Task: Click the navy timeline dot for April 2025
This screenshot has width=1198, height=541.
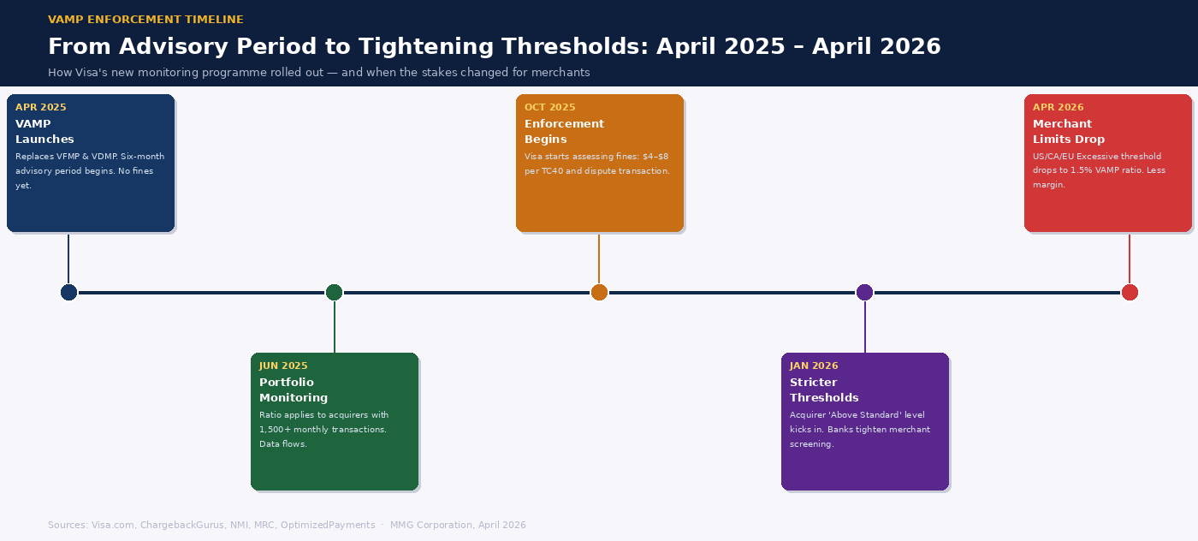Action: pos(68,293)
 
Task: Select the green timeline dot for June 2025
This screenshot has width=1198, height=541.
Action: pos(334,293)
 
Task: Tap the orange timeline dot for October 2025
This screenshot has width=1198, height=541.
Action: pos(599,293)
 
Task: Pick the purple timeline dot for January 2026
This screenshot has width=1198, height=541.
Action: pos(864,293)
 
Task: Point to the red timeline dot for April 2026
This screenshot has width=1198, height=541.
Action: pos(1130,293)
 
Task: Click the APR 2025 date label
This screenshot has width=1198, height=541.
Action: pos(40,108)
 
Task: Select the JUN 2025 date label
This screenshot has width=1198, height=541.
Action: pos(283,366)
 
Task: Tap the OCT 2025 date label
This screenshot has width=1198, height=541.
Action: pos(549,108)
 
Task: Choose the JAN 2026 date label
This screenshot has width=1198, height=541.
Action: pos(814,366)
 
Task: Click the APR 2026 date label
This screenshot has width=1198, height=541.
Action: pos(1058,108)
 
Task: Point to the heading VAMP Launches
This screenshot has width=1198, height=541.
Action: pos(44,132)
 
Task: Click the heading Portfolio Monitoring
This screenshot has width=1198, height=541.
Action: pos(294,390)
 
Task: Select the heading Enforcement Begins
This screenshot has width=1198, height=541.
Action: pos(564,132)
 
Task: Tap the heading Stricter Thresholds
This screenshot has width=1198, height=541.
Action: pos(824,390)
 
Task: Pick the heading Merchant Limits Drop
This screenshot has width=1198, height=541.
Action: pos(1068,132)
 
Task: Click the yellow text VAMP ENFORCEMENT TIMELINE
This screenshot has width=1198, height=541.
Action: pos(145,20)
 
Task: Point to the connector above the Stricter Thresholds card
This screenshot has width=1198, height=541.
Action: pos(864,328)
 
